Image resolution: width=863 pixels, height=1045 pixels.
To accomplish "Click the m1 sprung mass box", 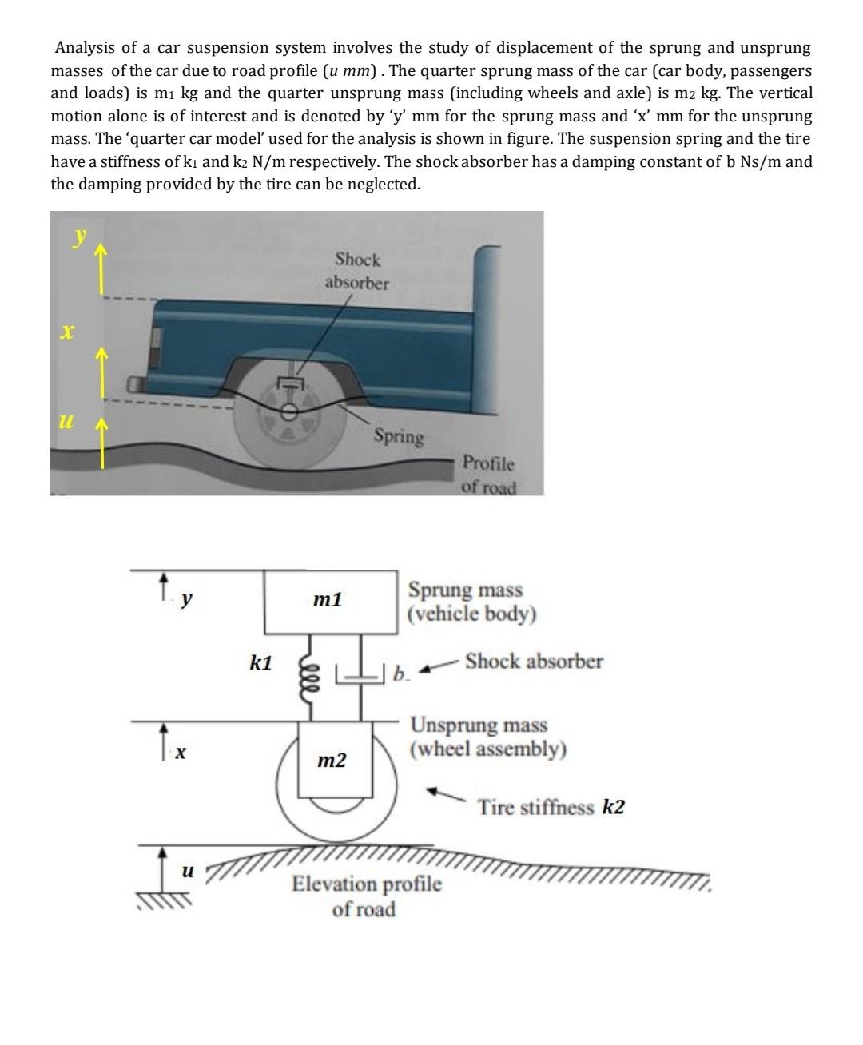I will click(x=331, y=602).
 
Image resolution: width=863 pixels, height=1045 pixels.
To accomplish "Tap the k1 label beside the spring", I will click(x=260, y=663).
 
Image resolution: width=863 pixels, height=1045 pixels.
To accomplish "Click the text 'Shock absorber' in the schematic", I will click(x=534, y=662).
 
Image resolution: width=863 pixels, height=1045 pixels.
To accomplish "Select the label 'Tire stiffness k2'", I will click(x=551, y=807).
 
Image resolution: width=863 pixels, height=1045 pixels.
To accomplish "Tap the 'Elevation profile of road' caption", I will click(x=366, y=896).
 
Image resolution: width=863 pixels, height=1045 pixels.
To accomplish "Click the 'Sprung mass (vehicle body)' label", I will click(x=471, y=602).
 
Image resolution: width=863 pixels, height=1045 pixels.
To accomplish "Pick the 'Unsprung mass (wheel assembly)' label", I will click(x=488, y=737).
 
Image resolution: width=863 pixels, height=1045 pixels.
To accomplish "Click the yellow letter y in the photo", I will click(x=79, y=236).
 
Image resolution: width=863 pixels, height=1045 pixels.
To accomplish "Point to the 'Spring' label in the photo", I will click(x=399, y=436).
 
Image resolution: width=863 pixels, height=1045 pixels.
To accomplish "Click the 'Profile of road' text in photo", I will click(x=489, y=475).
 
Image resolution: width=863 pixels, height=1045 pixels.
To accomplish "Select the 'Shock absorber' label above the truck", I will click(x=357, y=271).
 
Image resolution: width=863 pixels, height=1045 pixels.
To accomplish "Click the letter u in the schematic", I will click(x=187, y=871).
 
